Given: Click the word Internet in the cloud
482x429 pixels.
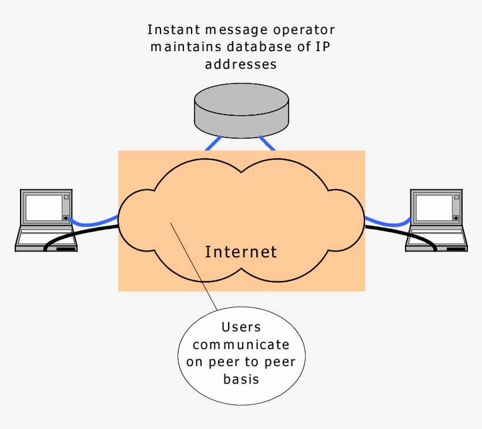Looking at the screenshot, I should click(x=241, y=252).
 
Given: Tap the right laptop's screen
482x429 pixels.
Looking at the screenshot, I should click(x=434, y=207).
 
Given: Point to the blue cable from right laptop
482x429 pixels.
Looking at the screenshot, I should click(x=388, y=223).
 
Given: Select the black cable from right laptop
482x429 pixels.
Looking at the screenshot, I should click(x=394, y=231).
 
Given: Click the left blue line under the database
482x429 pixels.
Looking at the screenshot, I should click(x=213, y=143).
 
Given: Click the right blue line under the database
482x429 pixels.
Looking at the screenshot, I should click(x=267, y=143).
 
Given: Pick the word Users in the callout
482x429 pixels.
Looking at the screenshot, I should click(x=241, y=327).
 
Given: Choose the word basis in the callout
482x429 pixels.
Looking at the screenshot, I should click(x=241, y=379).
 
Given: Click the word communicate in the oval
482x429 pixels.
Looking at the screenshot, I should click(x=241, y=344).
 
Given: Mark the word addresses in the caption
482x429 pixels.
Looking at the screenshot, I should click(x=241, y=63).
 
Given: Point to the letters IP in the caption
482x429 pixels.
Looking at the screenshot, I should click(x=325, y=46).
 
